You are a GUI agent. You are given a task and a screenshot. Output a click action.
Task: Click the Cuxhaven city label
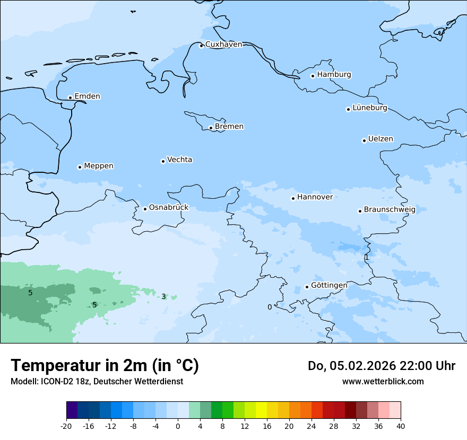223,45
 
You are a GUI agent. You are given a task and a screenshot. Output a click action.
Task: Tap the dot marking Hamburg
313,76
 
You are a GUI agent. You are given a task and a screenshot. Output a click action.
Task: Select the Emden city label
87,96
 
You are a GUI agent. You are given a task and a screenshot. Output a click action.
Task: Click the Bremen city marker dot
211,128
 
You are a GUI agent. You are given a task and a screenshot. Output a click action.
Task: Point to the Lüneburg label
370,108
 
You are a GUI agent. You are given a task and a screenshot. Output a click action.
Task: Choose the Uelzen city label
380,139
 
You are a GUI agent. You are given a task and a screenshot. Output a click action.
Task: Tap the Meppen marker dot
80,167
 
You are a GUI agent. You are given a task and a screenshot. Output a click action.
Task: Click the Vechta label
179,160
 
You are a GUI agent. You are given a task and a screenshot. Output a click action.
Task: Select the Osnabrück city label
169,208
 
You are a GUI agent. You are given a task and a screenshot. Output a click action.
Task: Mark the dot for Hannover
293,198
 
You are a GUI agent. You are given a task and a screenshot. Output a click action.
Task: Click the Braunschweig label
390,210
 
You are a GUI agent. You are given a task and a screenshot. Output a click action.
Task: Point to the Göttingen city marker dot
307,287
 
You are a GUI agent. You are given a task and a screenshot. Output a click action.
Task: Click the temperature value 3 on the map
163,297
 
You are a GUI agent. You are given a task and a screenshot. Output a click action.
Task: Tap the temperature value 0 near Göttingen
270,307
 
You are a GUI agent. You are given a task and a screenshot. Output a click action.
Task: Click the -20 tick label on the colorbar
66,426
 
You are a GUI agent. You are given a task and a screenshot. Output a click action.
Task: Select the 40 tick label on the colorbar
401,426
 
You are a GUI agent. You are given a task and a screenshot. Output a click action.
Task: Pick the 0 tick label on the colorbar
178,426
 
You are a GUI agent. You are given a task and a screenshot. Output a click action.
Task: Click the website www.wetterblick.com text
383,382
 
